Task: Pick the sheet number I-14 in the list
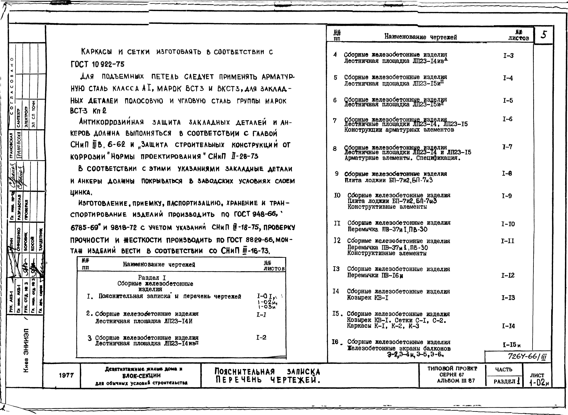[x=508, y=326]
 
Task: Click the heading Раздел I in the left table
[x=152, y=278]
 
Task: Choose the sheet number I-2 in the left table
[x=261, y=337]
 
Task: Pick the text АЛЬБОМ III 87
[x=456, y=381]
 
